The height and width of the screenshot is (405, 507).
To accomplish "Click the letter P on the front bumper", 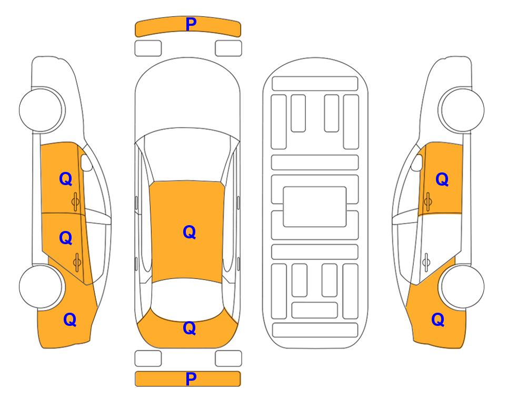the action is (x=191, y=24).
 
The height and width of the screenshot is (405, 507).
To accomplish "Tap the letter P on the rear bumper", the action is (x=191, y=379).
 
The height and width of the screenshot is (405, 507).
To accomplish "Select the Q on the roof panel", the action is (x=189, y=232).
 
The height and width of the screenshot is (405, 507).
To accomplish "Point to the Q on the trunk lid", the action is (x=189, y=328).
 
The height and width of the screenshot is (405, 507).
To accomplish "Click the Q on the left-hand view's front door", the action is (x=66, y=179).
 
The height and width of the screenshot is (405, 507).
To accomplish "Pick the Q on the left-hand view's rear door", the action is (x=66, y=238).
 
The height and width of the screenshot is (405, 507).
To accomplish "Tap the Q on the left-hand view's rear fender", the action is (x=70, y=320).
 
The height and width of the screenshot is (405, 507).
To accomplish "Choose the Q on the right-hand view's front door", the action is (x=442, y=179).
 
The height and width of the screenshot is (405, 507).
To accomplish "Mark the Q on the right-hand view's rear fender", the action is (x=438, y=320).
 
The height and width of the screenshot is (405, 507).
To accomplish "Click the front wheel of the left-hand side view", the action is (x=41, y=110).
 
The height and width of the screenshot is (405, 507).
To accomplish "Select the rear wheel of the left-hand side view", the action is (x=41, y=286).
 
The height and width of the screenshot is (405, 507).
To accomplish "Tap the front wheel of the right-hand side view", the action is (x=462, y=110).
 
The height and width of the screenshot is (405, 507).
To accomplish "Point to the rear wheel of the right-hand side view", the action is (x=462, y=286).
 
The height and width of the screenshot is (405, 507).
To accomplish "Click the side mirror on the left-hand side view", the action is (x=86, y=162).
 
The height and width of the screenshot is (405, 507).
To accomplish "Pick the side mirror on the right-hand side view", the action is (x=417, y=162).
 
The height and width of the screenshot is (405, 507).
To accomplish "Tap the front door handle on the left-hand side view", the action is (x=75, y=201).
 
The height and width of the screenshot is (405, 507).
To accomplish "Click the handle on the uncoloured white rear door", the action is (x=426, y=262).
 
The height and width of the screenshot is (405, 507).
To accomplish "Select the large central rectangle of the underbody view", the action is (x=315, y=207).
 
